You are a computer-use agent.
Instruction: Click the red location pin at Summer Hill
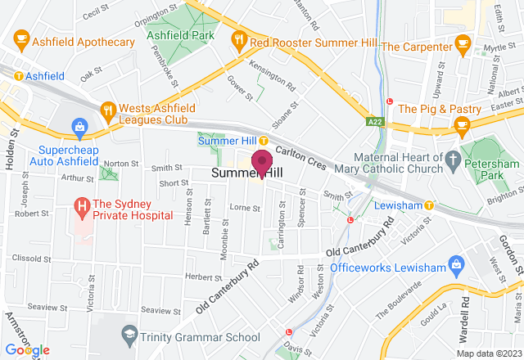coord(262,161)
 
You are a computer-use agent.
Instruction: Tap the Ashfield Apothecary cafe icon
coord(21,38)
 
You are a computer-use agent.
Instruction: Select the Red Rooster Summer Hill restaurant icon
coord(239,38)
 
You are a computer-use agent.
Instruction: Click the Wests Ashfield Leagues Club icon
coord(107,109)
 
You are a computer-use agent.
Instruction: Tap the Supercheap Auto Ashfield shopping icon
coord(79,127)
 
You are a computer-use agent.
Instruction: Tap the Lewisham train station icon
coord(428,206)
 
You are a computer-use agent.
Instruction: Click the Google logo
coord(26,349)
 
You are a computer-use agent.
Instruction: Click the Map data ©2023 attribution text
coord(489,353)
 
